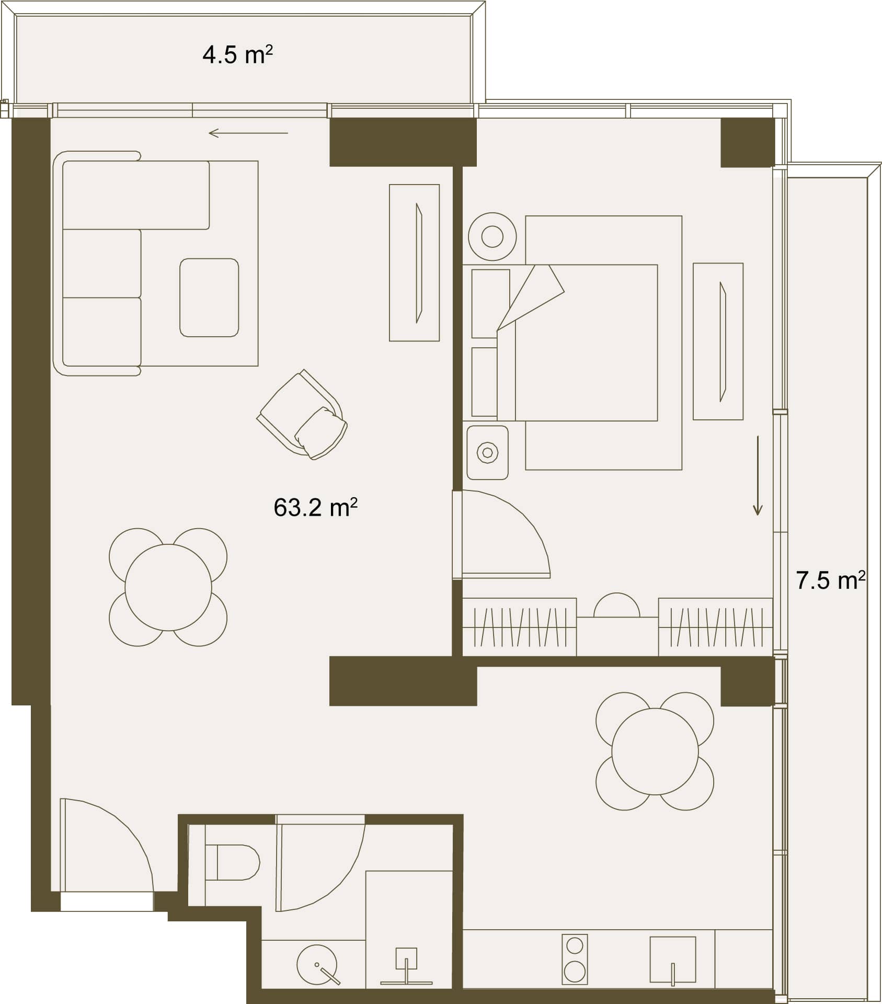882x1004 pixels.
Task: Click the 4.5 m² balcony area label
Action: pyautogui.click(x=238, y=55)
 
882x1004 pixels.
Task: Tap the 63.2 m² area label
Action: pyautogui.click(x=315, y=507)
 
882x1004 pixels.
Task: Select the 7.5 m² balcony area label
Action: pyautogui.click(x=830, y=580)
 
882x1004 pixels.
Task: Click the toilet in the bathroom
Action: pyautogui.click(x=233, y=862)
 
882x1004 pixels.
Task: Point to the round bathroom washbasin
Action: pyautogui.click(x=317, y=964)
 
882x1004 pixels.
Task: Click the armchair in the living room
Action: pyautogui.click(x=302, y=414)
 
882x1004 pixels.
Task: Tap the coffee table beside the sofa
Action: pyautogui.click(x=209, y=298)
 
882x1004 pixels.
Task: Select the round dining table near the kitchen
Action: pyautogui.click(x=655, y=751)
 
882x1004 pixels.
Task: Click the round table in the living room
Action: pyautogui.click(x=168, y=587)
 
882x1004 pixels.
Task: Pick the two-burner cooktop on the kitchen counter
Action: pyautogui.click(x=575, y=959)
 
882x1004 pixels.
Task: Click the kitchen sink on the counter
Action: pyautogui.click(x=673, y=960)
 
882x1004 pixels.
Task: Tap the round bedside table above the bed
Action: pyautogui.click(x=492, y=237)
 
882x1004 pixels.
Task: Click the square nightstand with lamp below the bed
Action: pyautogui.click(x=487, y=452)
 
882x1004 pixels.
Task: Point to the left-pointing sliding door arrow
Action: pyautogui.click(x=248, y=133)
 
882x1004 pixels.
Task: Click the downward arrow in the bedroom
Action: pyautogui.click(x=758, y=475)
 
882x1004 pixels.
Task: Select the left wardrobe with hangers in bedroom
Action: pyautogui.click(x=520, y=627)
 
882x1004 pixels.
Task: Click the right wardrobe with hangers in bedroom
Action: pyautogui.click(x=715, y=627)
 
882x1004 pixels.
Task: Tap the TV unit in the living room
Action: pyautogui.click(x=414, y=263)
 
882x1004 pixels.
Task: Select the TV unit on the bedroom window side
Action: pyautogui.click(x=718, y=341)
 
